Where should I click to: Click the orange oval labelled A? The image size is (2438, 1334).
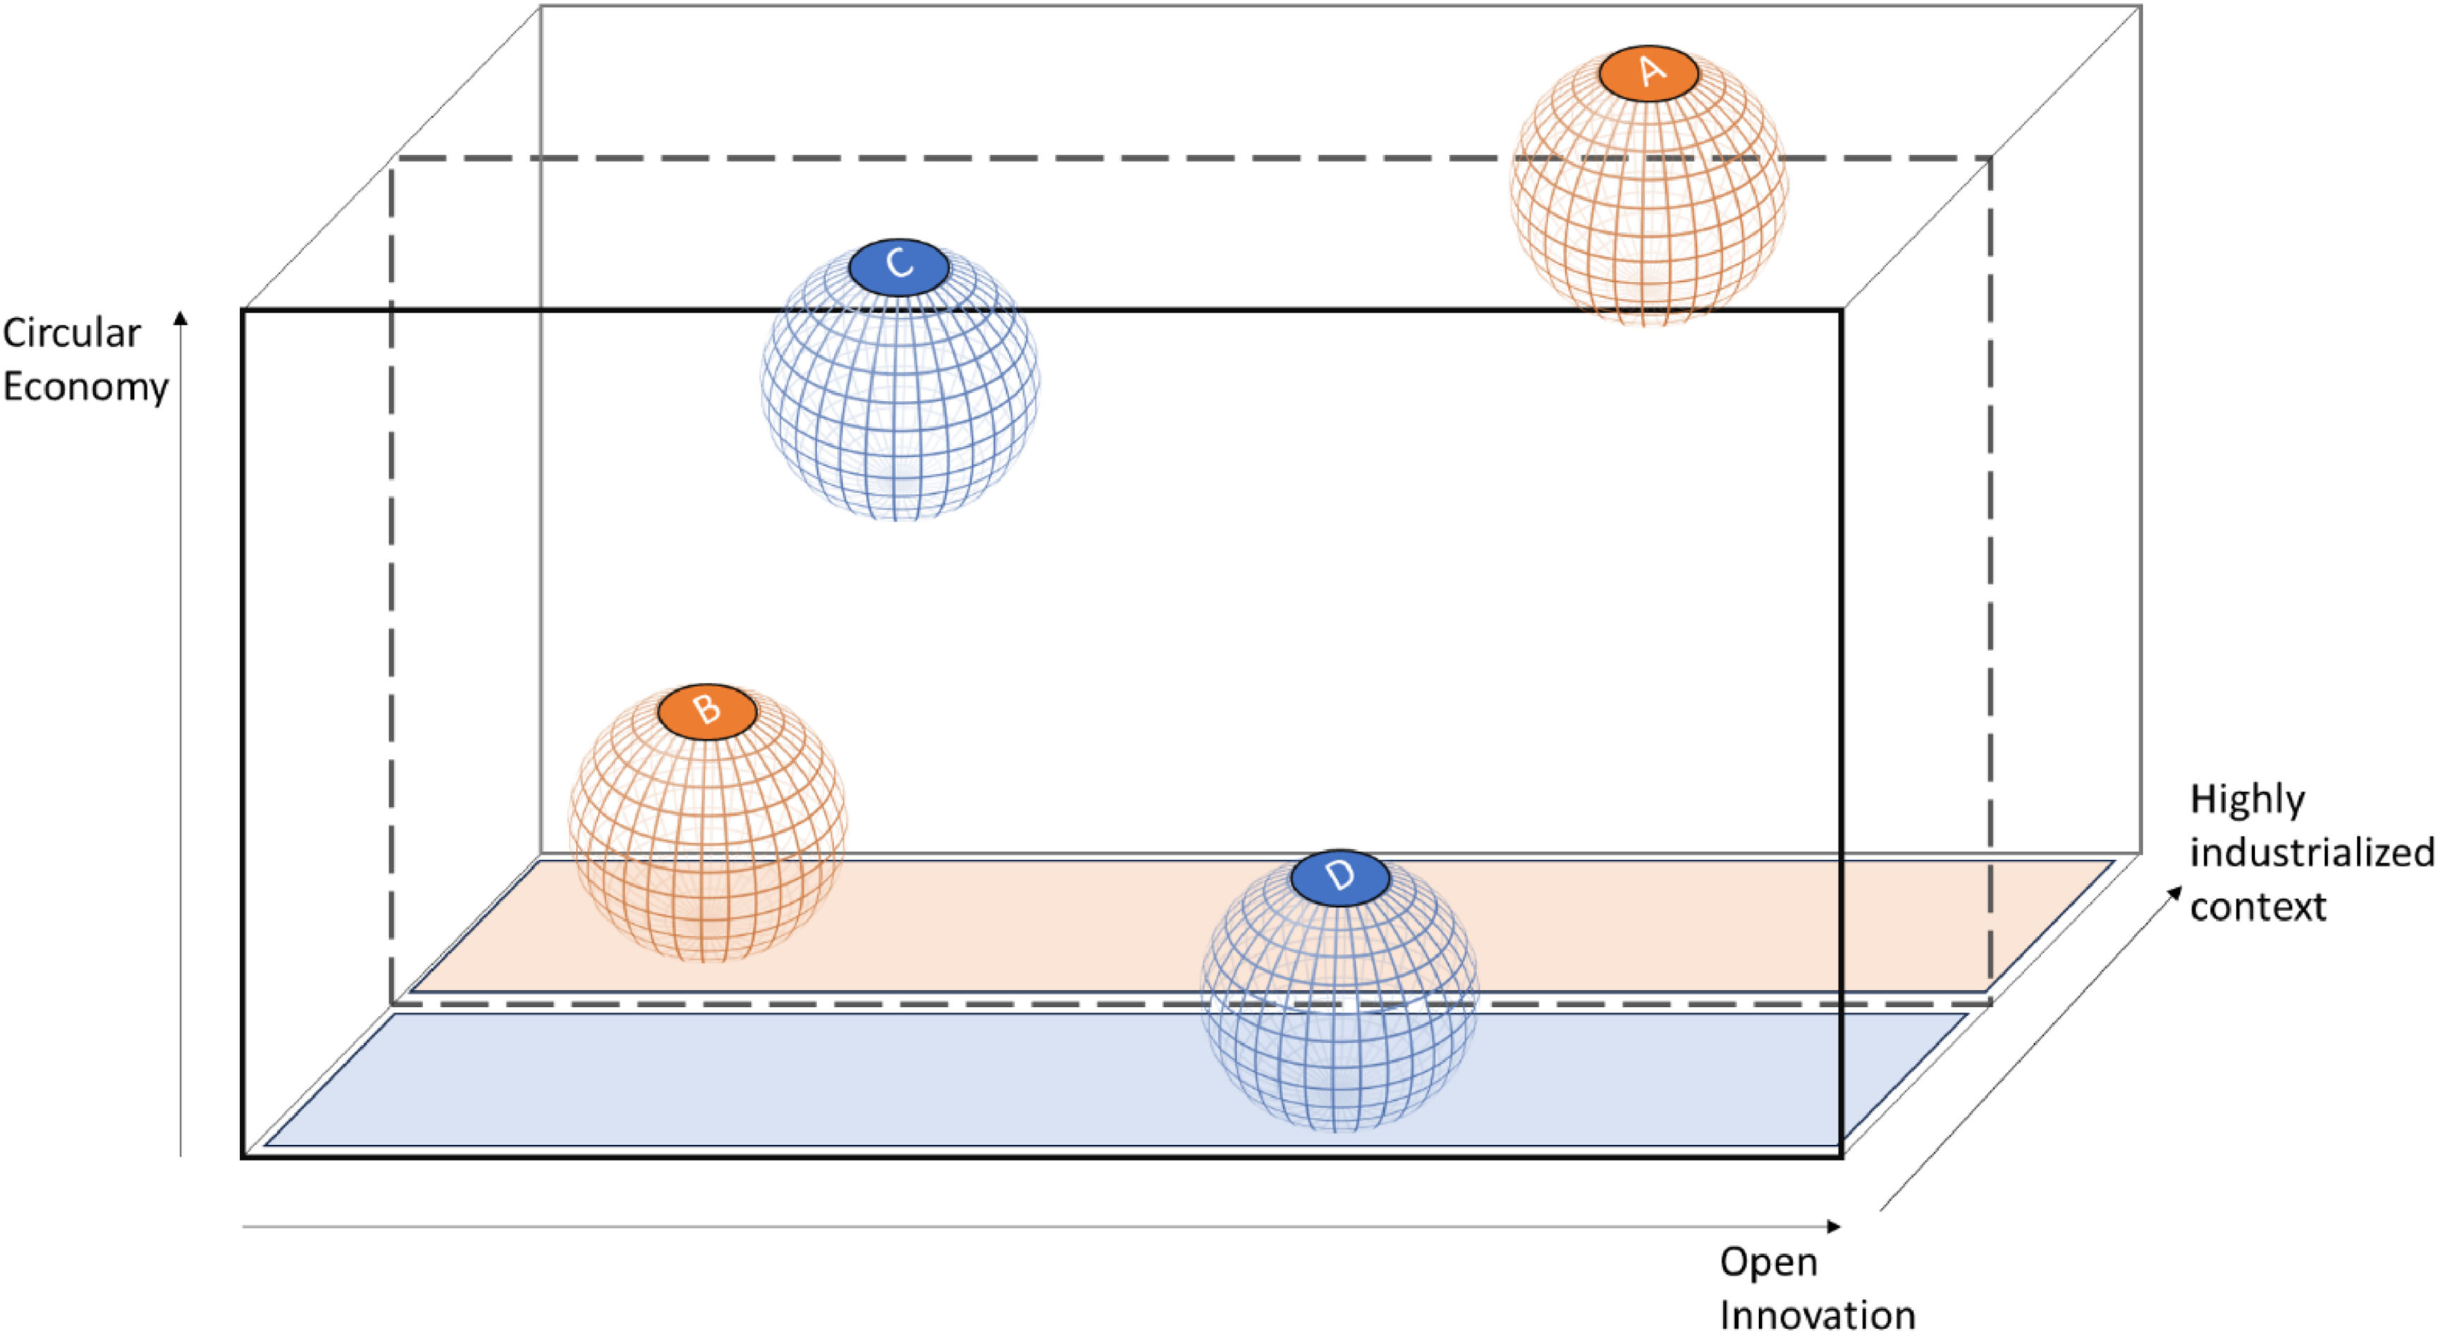(1648, 73)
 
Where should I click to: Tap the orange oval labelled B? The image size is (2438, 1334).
(707, 710)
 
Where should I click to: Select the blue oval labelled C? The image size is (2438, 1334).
(898, 267)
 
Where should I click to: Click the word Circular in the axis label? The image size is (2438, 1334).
(72, 333)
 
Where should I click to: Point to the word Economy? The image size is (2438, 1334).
(85, 386)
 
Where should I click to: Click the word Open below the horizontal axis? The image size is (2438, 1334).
(1768, 1262)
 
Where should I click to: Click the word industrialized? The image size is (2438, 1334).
(2312, 853)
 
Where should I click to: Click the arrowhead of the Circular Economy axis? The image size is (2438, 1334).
(180, 318)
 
